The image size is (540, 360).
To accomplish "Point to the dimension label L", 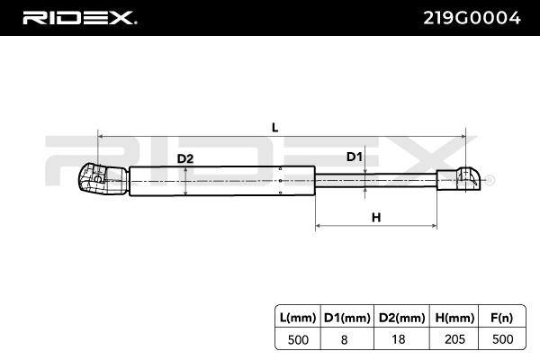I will pyautogui.click(x=275, y=127).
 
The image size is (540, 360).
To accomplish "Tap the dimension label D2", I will pyautogui.click(x=185, y=159).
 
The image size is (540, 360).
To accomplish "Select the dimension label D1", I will pyautogui.click(x=355, y=157).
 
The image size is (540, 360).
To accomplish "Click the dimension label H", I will pyautogui.click(x=376, y=217).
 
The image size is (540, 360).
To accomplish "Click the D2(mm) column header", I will pyautogui.click(x=400, y=316).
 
